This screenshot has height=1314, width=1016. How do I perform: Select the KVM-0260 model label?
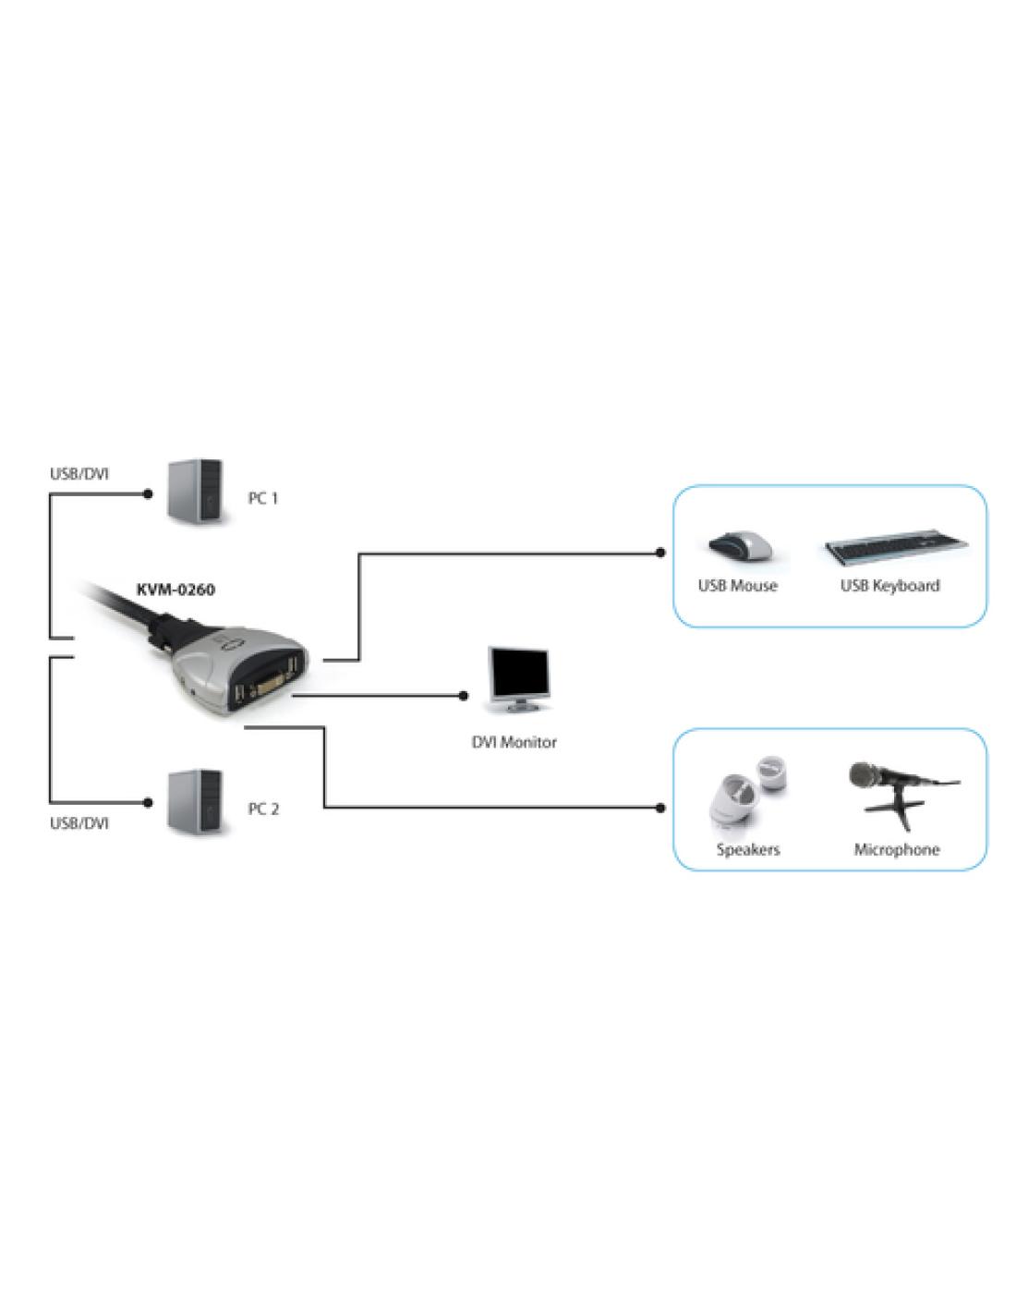click(x=175, y=590)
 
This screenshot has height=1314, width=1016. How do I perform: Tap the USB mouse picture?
click(x=738, y=546)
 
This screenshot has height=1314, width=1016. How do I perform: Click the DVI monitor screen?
click(x=518, y=674)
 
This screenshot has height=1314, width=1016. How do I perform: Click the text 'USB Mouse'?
click(x=737, y=586)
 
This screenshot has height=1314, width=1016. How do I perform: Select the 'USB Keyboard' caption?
click(x=889, y=586)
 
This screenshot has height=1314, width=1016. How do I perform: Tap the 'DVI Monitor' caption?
click(x=514, y=742)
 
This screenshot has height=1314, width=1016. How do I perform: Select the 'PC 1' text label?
click(x=263, y=498)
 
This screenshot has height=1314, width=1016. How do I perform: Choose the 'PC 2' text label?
click(x=263, y=809)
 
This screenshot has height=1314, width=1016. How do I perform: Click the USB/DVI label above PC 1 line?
click(x=79, y=474)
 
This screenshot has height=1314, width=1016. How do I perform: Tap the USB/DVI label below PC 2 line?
click(x=79, y=823)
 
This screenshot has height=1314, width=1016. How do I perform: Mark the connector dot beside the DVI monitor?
click(x=465, y=696)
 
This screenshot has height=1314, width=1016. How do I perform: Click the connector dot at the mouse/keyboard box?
click(x=660, y=553)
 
